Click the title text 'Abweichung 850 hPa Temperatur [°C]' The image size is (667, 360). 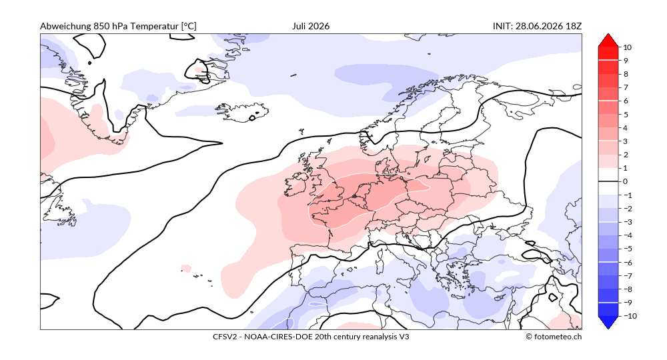click(118, 27)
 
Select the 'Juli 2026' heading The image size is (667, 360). click(311, 27)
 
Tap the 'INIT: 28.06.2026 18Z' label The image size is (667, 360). click(537, 27)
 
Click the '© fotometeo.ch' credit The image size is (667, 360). click(554, 337)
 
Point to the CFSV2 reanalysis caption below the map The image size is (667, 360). click(311, 337)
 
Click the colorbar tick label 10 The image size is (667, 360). click(628, 47)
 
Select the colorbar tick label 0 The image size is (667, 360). click(626, 181)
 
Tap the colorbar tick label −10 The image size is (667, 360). click(630, 316)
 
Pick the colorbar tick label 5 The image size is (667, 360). click(626, 114)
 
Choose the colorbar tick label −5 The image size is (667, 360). click(628, 249)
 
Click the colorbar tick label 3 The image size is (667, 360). click(626, 141)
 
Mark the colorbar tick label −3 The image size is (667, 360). click(628, 222)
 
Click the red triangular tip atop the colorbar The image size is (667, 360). click(608, 40)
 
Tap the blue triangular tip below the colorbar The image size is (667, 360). click(608, 322)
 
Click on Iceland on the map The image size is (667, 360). click(243, 112)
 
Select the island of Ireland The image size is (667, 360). click(297, 187)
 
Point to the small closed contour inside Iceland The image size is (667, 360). click(254, 117)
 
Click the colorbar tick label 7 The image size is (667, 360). click(626, 87)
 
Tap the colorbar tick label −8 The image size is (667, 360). click(628, 289)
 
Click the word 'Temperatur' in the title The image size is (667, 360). click(155, 27)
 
